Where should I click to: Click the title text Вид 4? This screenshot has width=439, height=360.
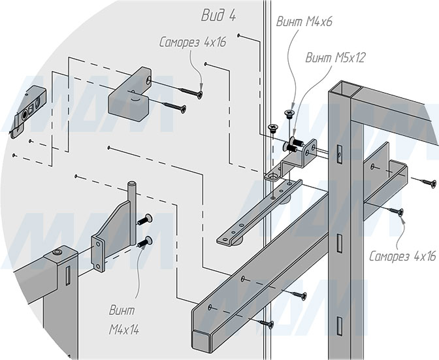(x=219, y=16)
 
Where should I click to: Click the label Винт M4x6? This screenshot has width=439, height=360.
(x=304, y=22)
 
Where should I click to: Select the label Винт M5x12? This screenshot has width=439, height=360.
(x=335, y=57)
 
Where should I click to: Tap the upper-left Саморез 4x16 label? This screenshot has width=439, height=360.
(x=193, y=42)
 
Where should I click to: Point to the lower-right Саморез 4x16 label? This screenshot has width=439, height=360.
(x=402, y=256)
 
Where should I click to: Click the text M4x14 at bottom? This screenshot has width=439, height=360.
(x=124, y=331)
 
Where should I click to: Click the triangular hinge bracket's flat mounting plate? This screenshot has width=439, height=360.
(x=97, y=253)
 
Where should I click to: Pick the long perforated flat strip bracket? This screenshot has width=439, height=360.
(x=259, y=212)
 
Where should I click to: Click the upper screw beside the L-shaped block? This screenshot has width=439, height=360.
(x=190, y=92)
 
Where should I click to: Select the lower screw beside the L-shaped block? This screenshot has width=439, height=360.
(x=174, y=106)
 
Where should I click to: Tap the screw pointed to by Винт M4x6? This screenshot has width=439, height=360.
(x=289, y=114)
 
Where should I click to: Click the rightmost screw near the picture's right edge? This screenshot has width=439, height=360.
(x=425, y=182)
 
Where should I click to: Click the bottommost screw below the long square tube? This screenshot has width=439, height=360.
(x=267, y=323)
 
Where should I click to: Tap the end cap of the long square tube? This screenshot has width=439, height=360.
(x=201, y=340)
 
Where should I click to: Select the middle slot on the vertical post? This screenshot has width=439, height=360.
(x=339, y=243)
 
